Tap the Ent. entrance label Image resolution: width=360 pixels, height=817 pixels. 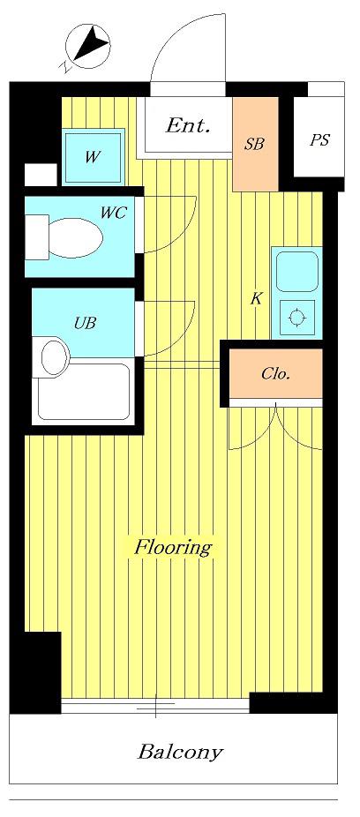tap(188, 125)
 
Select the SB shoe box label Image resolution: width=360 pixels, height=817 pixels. tap(255, 145)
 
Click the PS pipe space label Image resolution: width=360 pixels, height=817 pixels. tap(319, 139)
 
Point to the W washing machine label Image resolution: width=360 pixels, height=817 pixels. tap(92, 157)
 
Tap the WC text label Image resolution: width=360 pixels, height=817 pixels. tap(114, 213)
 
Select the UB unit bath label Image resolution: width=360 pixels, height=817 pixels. tap(85, 323)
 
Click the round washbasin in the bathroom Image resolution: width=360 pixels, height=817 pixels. tap(56, 357)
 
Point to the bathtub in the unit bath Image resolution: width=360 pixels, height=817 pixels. tap(84, 392)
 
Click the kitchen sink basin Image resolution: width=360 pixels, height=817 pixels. tap(297, 272)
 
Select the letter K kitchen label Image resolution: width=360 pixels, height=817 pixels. tap(256, 299)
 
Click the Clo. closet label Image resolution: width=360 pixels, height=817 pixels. tap(275, 375)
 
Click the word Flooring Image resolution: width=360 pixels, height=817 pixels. tap(174, 548)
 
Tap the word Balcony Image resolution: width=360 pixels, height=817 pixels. tap(180, 753)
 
